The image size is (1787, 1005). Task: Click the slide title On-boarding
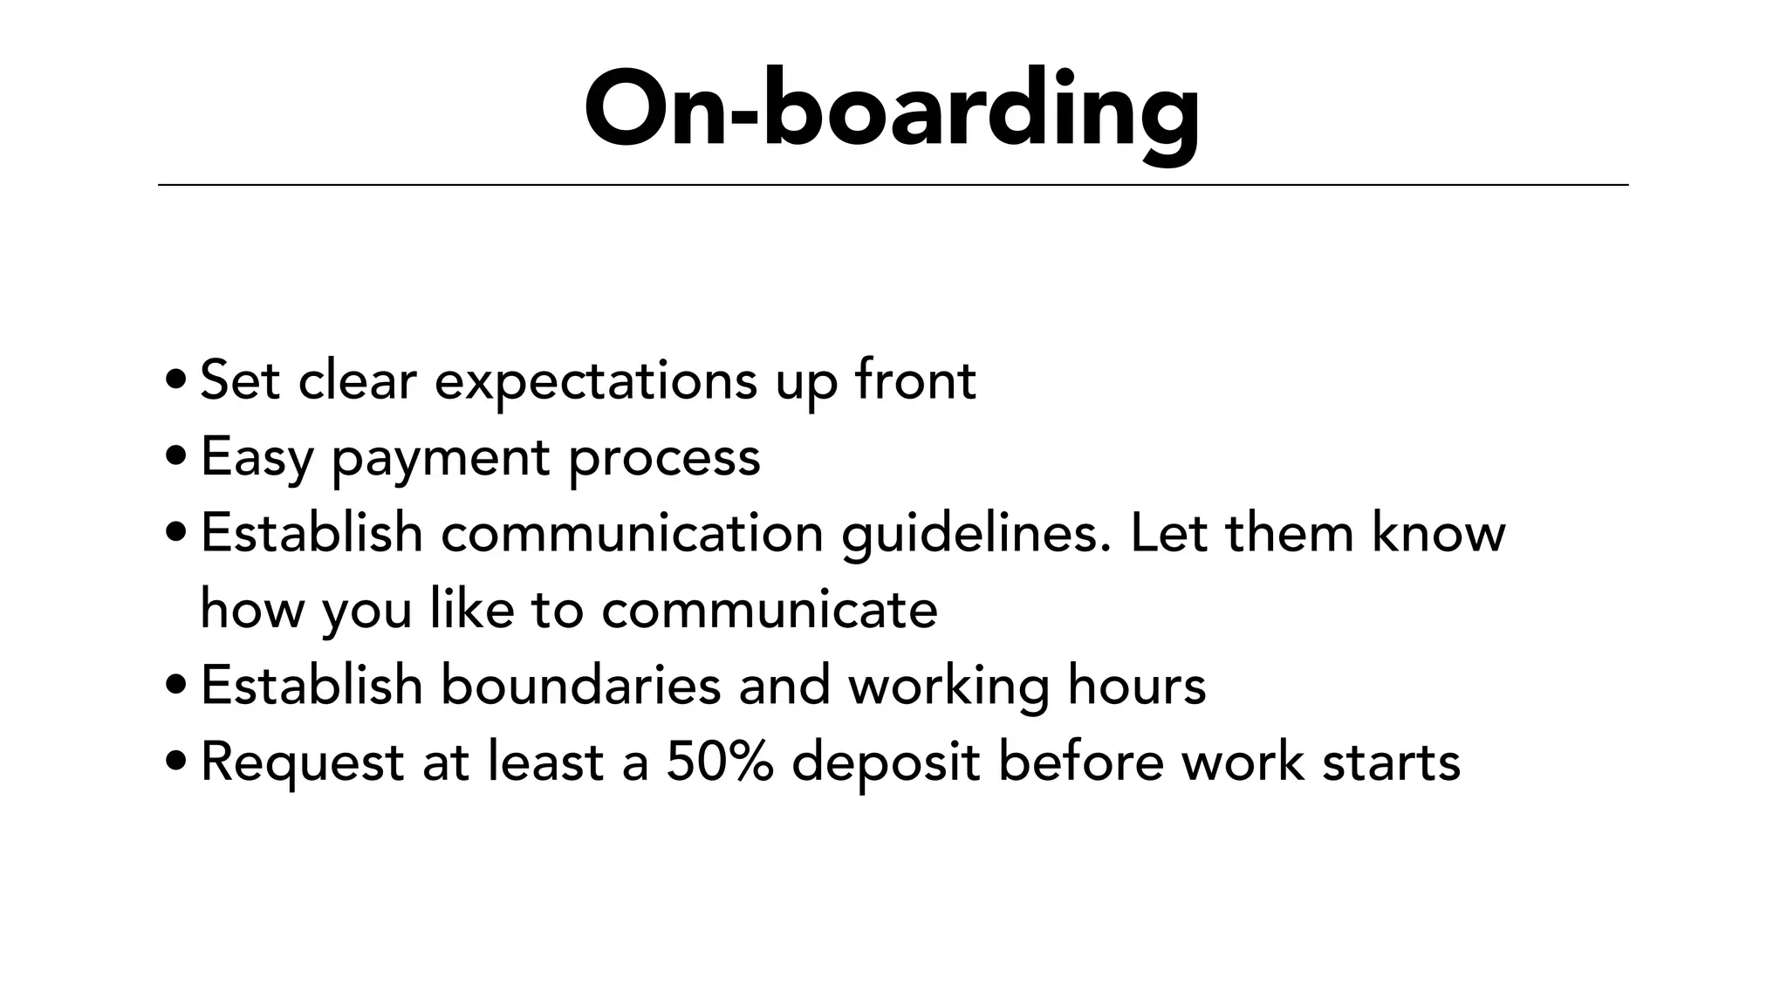tap(892, 110)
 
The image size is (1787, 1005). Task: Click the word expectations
tap(596, 381)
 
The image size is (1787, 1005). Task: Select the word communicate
tap(770, 608)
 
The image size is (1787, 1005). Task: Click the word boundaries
tap(580, 685)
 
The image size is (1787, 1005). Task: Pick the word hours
tap(1137, 685)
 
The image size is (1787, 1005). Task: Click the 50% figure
tap(720, 762)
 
